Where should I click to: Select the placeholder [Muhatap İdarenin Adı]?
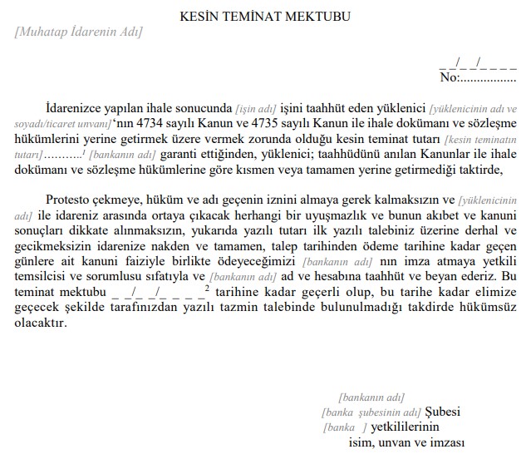coord(78,33)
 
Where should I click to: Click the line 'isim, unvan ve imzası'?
coord(406,442)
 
